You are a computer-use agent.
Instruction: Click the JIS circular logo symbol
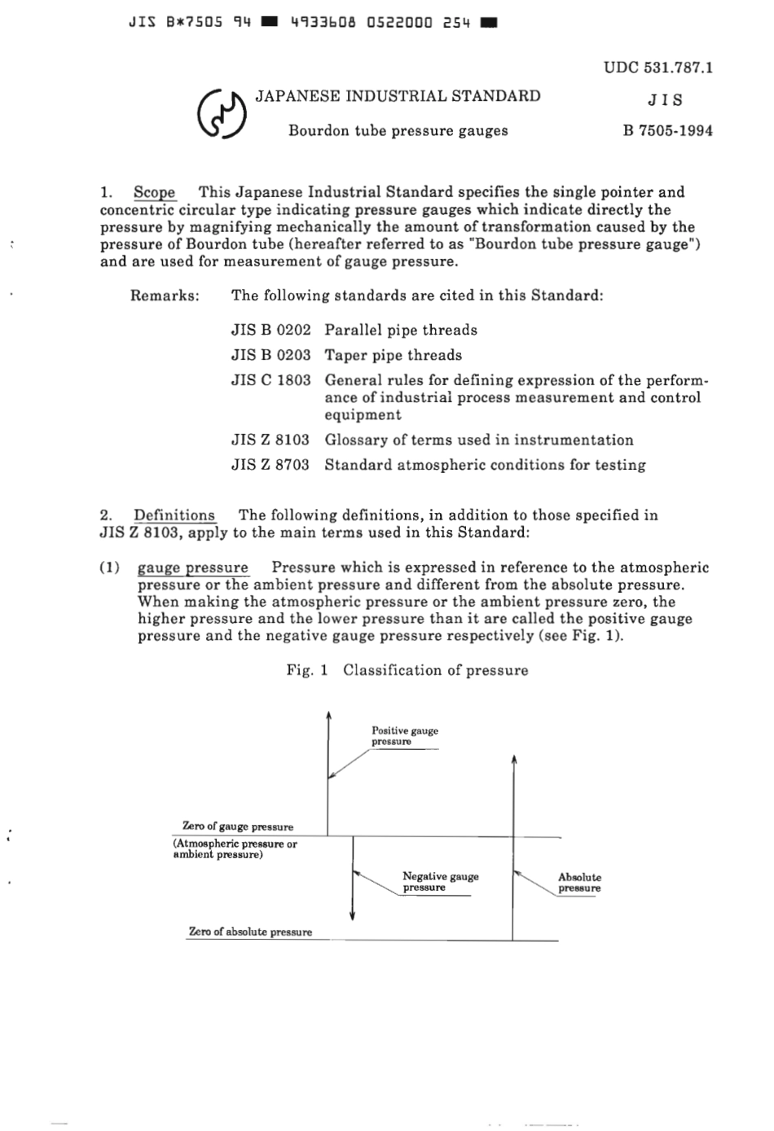pos(222,115)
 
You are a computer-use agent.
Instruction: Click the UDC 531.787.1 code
pos(658,67)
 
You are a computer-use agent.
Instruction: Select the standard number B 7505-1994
pos(667,130)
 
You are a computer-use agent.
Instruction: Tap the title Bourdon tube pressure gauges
pos(398,130)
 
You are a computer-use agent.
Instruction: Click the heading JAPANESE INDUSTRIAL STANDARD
pos(398,96)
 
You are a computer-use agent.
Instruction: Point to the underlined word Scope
pos(154,192)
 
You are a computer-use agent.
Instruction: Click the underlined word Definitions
pos(174,515)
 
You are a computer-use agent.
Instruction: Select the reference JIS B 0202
pos(270,330)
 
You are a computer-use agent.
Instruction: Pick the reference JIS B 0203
pos(270,355)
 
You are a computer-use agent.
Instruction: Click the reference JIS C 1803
pos(270,380)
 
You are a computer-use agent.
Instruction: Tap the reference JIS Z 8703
pos(270,465)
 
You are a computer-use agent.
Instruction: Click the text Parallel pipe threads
pos(401,330)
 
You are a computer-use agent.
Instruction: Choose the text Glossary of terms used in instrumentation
pos(478,440)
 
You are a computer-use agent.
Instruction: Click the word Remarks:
pos(165,295)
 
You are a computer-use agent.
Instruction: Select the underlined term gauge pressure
pos(193,568)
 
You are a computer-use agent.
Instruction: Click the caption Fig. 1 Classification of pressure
pos(407,670)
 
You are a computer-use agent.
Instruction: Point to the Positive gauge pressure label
pos(404,736)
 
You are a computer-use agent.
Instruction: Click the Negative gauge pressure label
pos(440,882)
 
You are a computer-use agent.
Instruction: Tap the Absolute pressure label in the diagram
pos(579,883)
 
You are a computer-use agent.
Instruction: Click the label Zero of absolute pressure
pos(250,932)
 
